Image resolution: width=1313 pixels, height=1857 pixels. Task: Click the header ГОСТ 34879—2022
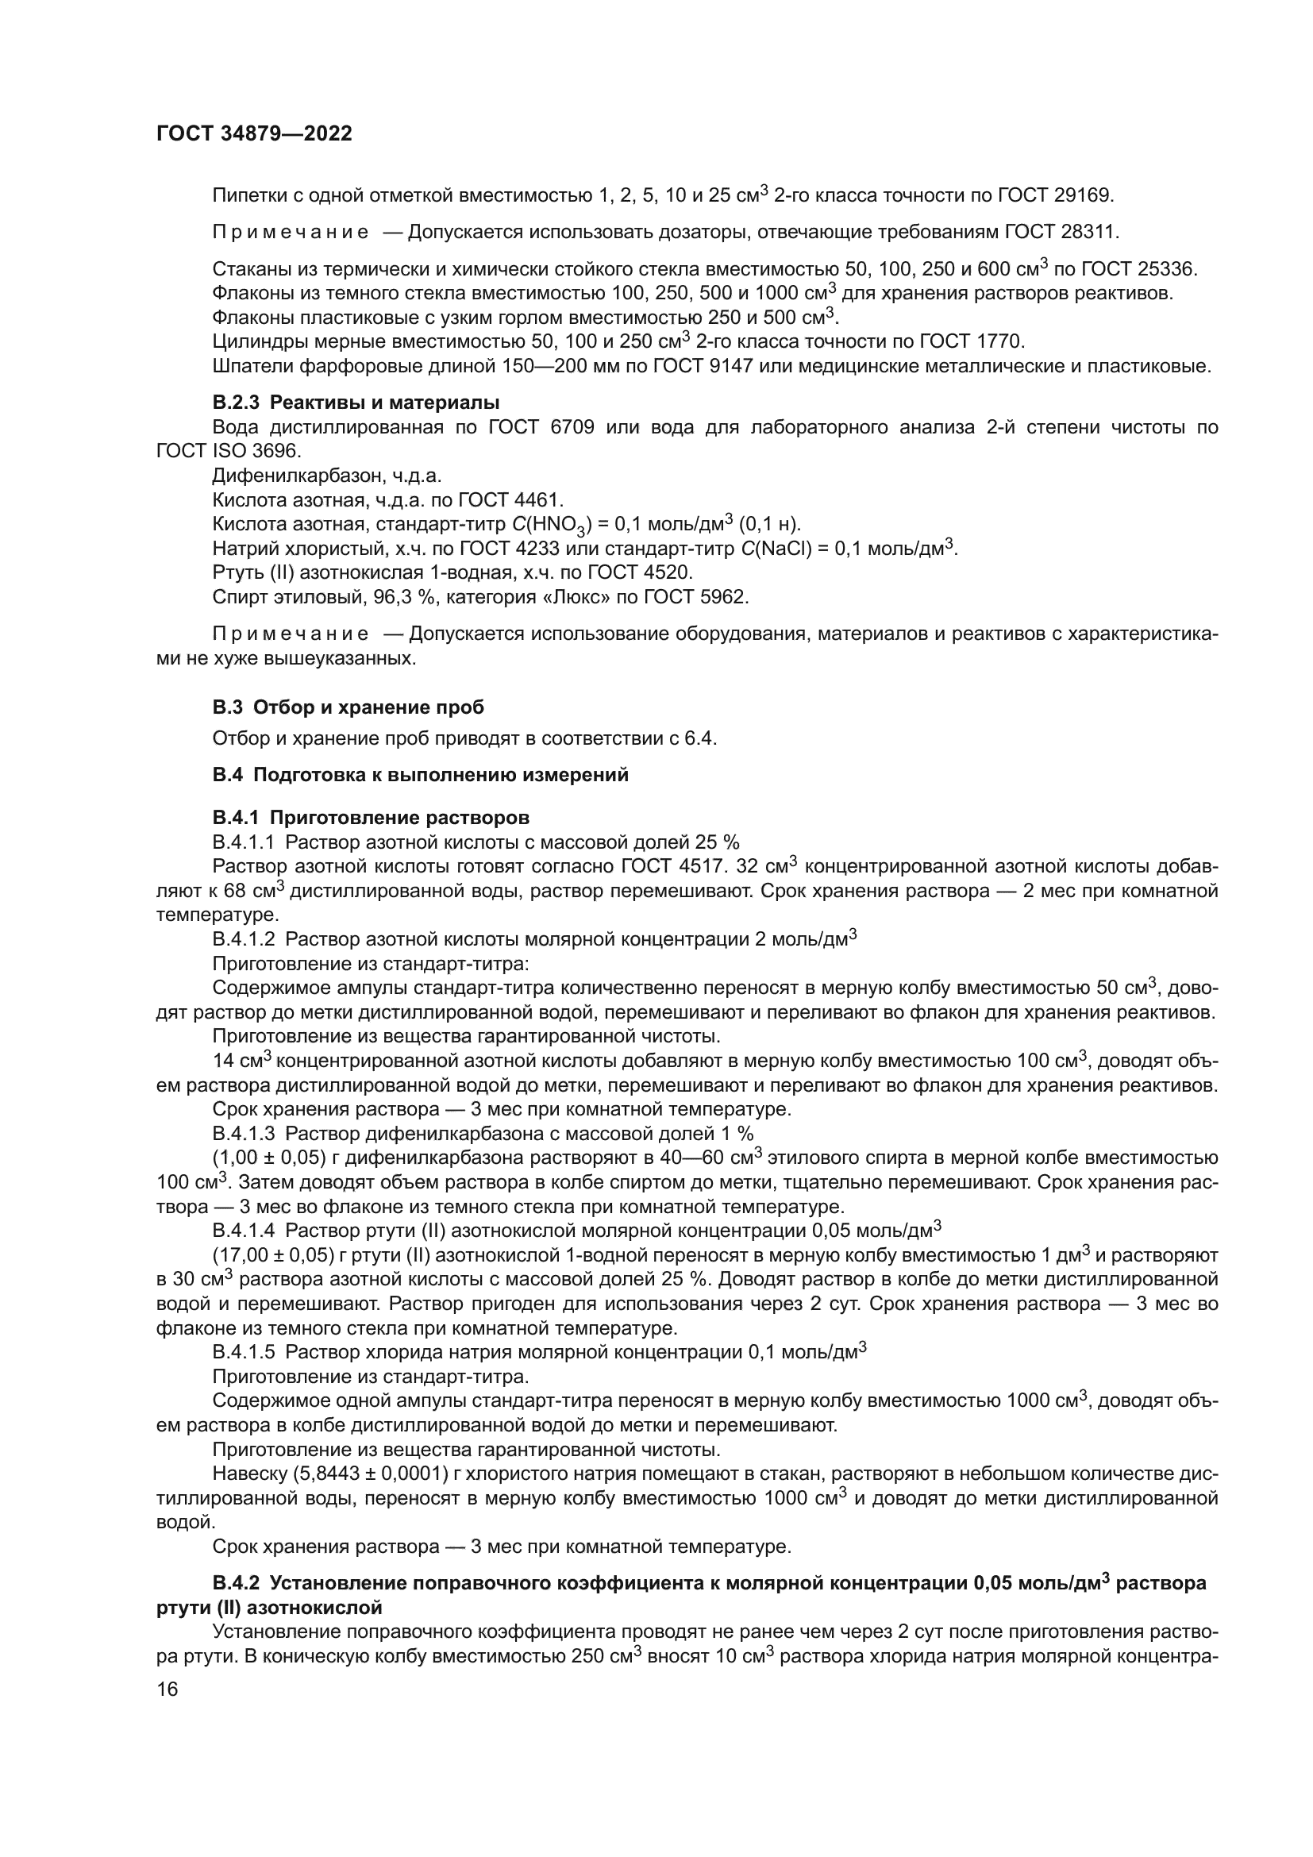click(254, 134)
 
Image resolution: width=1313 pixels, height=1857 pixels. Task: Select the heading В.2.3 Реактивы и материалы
click(356, 402)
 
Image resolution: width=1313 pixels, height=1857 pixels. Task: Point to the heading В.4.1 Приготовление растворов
click(370, 817)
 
